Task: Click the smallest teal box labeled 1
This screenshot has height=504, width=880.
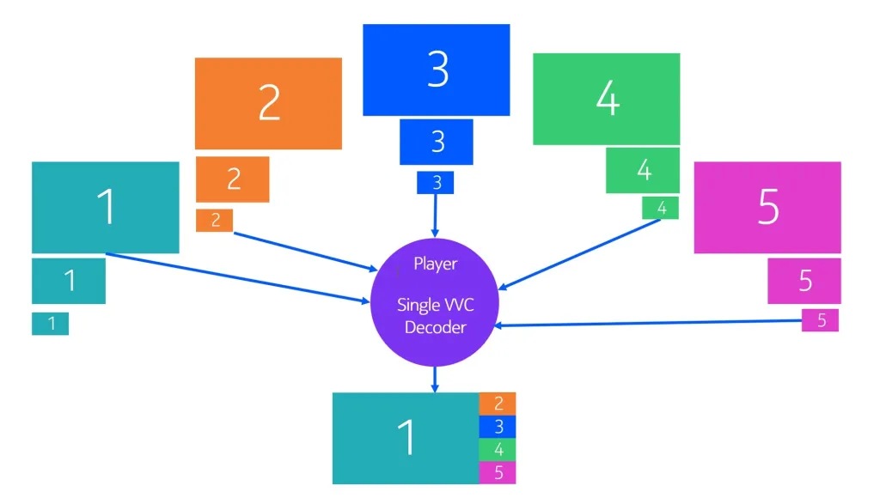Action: click(x=50, y=324)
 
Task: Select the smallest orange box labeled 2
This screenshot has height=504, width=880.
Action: click(x=214, y=221)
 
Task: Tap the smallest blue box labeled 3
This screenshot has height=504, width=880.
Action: click(x=436, y=182)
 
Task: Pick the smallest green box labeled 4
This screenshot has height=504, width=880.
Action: click(x=660, y=208)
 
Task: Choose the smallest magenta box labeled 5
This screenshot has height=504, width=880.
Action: click(x=820, y=320)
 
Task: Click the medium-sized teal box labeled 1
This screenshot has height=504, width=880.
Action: click(x=69, y=281)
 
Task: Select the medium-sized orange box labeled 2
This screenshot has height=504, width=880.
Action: click(x=232, y=179)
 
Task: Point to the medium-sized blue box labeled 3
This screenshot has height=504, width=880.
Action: click(x=436, y=142)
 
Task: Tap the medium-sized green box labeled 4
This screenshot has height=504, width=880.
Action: click(x=643, y=170)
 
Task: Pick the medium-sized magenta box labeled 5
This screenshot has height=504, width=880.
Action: click(x=804, y=281)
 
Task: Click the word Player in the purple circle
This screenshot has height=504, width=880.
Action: click(x=435, y=264)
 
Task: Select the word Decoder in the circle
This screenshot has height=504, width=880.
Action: click(x=435, y=327)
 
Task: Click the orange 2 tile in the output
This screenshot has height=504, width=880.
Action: click(x=498, y=404)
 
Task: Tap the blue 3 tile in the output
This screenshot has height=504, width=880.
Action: click(x=498, y=427)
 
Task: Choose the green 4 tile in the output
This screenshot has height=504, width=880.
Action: click(x=498, y=449)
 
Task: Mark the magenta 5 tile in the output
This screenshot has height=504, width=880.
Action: click(x=498, y=472)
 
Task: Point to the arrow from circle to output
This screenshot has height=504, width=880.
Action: click(x=435, y=379)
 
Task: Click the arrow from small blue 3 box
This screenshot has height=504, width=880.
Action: click(x=435, y=215)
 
